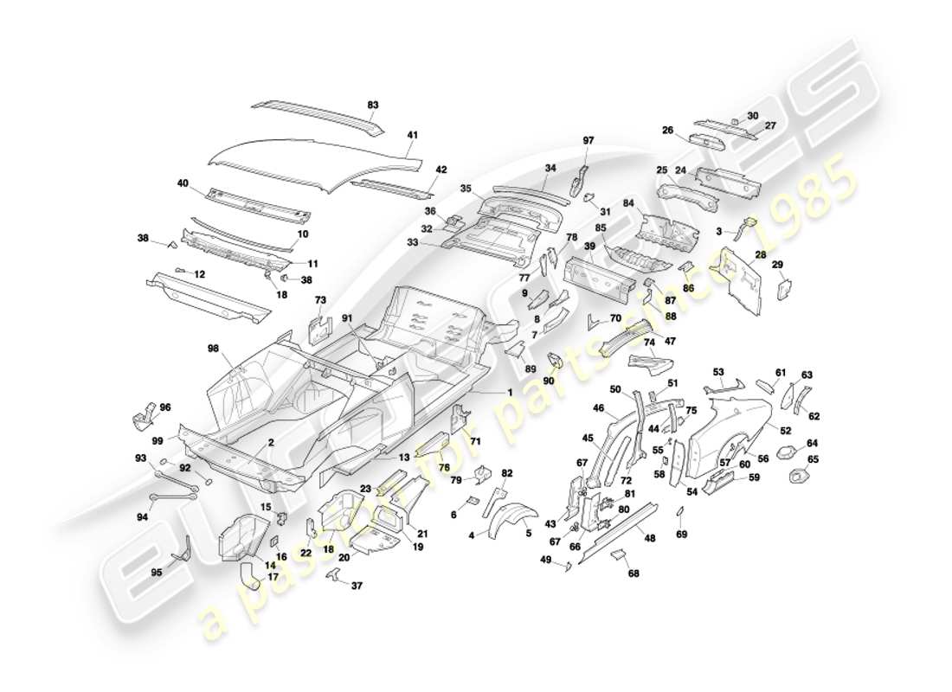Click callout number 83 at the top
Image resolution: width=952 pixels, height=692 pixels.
coord(373,105)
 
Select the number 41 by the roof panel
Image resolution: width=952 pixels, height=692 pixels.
coord(413,135)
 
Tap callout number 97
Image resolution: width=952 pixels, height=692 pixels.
coord(589,140)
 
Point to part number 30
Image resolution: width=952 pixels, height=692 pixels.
coord(752,116)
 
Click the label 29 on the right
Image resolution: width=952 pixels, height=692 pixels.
coord(777,264)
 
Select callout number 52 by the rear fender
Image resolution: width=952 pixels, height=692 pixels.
coord(785,430)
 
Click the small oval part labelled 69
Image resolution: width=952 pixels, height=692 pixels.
coord(680,513)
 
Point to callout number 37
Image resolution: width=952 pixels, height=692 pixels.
coord(357,585)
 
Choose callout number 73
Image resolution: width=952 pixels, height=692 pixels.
coord(320,299)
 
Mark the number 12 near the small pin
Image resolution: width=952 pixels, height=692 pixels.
coord(199,274)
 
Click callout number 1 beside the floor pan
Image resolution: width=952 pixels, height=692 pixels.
coord(510,392)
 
